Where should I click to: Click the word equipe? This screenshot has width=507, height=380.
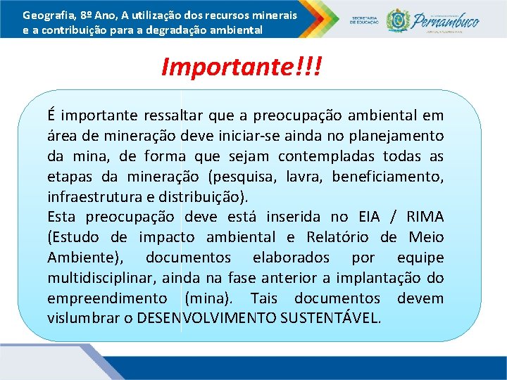[420, 258]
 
